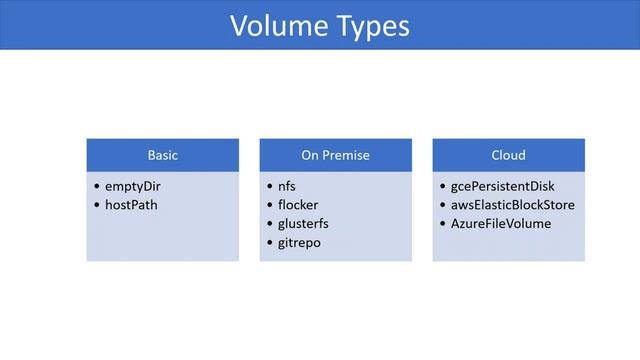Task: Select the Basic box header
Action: (x=163, y=155)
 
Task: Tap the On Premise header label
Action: (x=335, y=155)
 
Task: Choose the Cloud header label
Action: (x=508, y=155)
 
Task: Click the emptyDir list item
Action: (x=133, y=186)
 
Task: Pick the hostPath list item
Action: (x=132, y=205)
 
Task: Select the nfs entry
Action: (x=287, y=186)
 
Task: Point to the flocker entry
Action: (x=298, y=205)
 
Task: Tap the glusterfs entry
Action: (x=302, y=224)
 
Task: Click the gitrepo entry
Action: (x=300, y=243)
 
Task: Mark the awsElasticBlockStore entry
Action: (x=513, y=205)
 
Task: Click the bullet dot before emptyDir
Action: (x=96, y=187)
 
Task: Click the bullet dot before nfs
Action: (x=269, y=187)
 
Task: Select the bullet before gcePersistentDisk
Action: (x=442, y=187)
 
